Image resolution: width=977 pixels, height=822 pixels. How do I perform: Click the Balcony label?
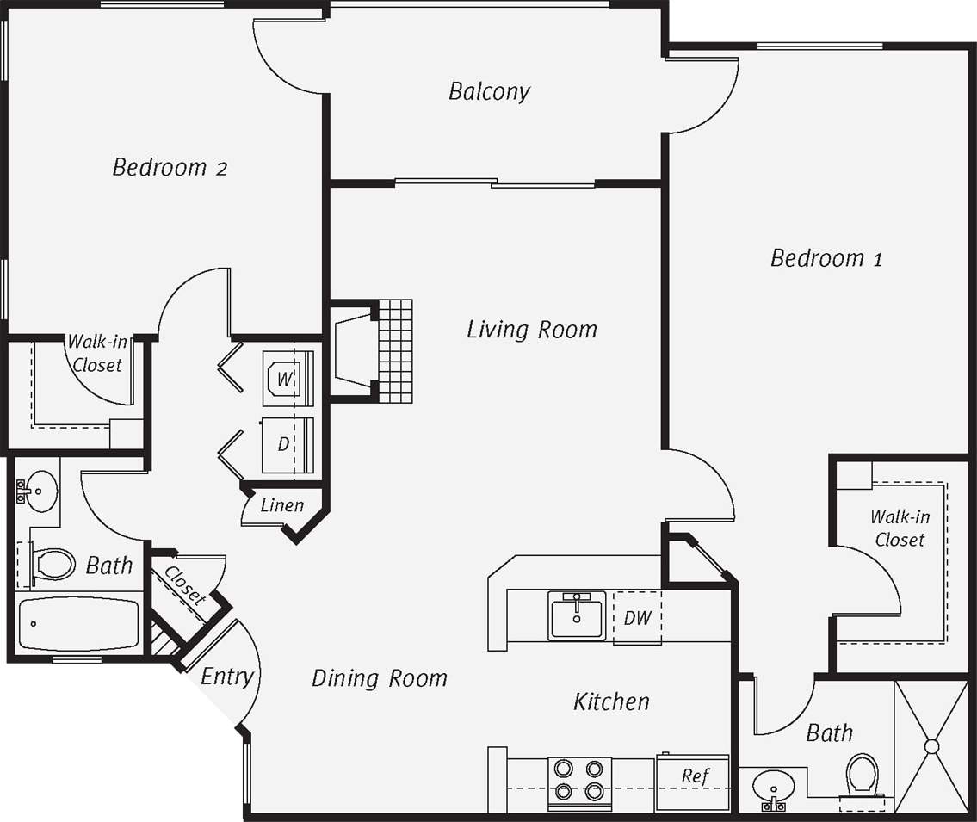pyautogui.click(x=489, y=91)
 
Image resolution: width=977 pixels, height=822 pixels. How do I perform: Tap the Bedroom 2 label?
pyautogui.click(x=170, y=167)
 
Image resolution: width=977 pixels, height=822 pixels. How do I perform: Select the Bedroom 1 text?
pyautogui.click(x=826, y=257)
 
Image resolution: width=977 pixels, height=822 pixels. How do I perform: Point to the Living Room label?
pyautogui.click(x=531, y=329)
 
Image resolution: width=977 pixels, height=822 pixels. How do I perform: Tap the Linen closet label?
pyautogui.click(x=281, y=504)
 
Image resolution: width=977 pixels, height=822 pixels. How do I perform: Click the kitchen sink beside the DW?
pyautogui.click(x=576, y=616)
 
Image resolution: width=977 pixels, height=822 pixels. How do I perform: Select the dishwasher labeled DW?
pyautogui.click(x=637, y=617)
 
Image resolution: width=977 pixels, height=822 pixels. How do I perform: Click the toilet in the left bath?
pyautogui.click(x=53, y=565)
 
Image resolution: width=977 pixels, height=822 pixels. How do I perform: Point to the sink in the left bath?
pyautogui.click(x=38, y=491)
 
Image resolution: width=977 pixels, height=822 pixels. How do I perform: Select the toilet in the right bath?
pyautogui.click(x=863, y=776)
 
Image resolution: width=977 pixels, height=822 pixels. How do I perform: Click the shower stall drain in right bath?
pyautogui.click(x=931, y=746)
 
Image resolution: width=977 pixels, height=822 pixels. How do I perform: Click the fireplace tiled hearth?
pyautogui.click(x=395, y=350)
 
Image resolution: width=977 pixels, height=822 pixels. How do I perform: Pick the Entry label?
pyautogui.click(x=226, y=677)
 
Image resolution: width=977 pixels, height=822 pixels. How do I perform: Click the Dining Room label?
pyautogui.click(x=379, y=678)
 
